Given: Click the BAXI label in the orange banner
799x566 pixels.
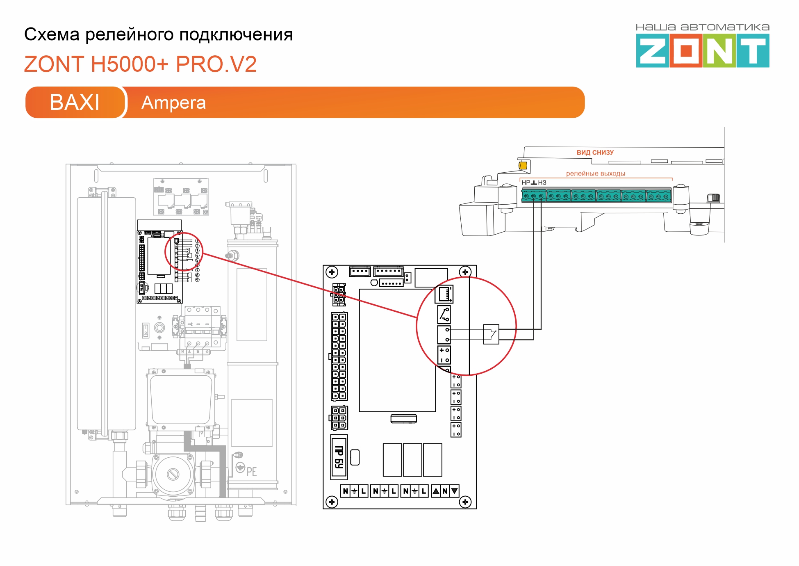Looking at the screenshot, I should pyautogui.click(x=74, y=102).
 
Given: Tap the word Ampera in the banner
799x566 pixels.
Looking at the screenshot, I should pyautogui.click(x=173, y=103).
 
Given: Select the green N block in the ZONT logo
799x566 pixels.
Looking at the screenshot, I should pyautogui.click(x=719, y=51).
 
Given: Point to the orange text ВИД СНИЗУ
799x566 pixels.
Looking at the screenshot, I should pyautogui.click(x=595, y=153).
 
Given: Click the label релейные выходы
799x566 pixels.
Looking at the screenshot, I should pyautogui.click(x=595, y=173).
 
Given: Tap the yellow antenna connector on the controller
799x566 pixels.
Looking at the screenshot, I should pyautogui.click(x=523, y=165).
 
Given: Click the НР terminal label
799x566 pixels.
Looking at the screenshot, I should pyautogui.click(x=526, y=183).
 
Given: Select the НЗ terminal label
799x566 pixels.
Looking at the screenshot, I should pyautogui.click(x=542, y=183).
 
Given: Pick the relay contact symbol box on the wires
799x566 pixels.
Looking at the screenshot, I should pyautogui.click(x=491, y=334).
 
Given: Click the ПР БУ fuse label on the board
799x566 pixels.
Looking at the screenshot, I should pyautogui.click(x=339, y=457).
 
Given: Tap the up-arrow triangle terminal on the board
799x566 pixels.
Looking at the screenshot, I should pyautogui.click(x=436, y=491).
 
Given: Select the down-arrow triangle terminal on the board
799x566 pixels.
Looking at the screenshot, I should pyautogui.click(x=454, y=491).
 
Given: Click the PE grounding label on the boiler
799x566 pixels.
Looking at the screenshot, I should pyautogui.click(x=251, y=472).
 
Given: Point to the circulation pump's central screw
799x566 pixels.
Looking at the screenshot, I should pyautogui.click(x=173, y=475).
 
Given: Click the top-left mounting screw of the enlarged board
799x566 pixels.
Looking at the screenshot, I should pyautogui.click(x=332, y=272).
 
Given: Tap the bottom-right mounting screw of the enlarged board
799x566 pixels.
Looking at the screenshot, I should pyautogui.click(x=465, y=502).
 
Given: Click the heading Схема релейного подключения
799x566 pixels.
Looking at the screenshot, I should pyautogui.click(x=158, y=34).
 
